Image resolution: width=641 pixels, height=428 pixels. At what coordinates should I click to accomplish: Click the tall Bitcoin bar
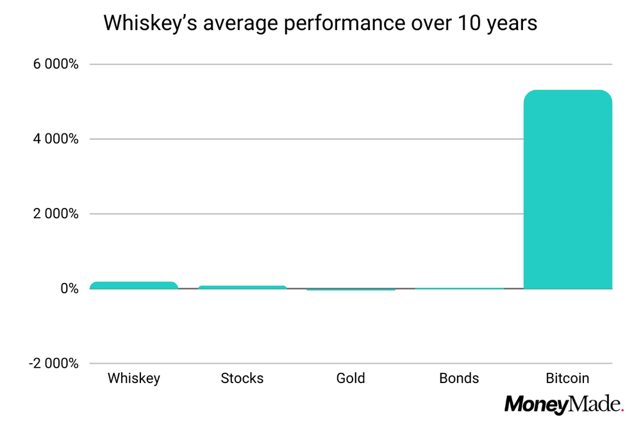tap(568, 189)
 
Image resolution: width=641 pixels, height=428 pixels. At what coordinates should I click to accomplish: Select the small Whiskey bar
tap(134, 286)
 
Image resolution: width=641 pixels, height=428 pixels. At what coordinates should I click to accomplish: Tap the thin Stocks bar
tap(242, 287)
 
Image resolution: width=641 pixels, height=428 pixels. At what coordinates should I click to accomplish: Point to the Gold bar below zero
tap(351, 289)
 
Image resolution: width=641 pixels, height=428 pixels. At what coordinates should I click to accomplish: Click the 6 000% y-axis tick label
tap(56, 65)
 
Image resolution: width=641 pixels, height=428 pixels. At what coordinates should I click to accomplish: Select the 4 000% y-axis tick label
tap(56, 139)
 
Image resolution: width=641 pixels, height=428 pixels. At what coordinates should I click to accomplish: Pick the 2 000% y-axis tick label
tap(56, 214)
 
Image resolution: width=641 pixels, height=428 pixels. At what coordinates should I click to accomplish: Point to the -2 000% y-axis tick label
tap(54, 364)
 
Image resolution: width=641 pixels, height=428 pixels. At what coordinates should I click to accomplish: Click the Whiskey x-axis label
tap(134, 378)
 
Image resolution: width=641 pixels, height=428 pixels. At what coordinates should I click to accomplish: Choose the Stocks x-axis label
tap(242, 378)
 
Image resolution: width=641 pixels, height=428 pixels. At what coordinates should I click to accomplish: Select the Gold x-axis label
tap(351, 378)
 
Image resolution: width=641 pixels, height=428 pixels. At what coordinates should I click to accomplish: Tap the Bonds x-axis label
tap(459, 378)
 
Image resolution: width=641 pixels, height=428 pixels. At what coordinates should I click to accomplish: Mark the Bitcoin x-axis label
tap(567, 378)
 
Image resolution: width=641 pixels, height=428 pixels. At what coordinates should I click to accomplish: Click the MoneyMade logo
tap(563, 404)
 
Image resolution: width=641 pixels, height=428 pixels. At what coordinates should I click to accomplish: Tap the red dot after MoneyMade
tap(622, 409)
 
